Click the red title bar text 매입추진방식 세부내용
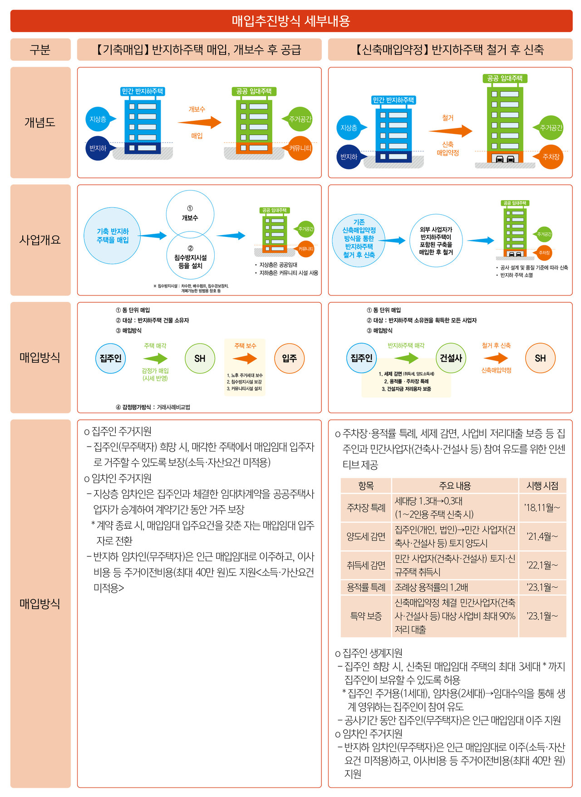click(290, 21)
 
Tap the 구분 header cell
click(40, 49)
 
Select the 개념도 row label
click(40, 123)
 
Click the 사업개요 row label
click(40, 240)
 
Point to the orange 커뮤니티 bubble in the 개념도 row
click(300, 148)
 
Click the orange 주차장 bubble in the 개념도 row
click(551, 157)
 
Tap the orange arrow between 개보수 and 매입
click(199, 123)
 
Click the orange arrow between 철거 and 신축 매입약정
click(450, 131)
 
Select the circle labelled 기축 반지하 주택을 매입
click(112, 236)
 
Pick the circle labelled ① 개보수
click(190, 214)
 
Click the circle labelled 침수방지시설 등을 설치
click(190, 257)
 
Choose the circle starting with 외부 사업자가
click(436, 241)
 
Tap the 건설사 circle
click(451, 358)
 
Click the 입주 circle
click(289, 359)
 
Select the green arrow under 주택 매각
click(156, 359)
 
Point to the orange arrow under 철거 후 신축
click(496, 358)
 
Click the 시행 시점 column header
click(542, 486)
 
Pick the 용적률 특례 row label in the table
click(366, 587)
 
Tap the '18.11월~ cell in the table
click(542, 507)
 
